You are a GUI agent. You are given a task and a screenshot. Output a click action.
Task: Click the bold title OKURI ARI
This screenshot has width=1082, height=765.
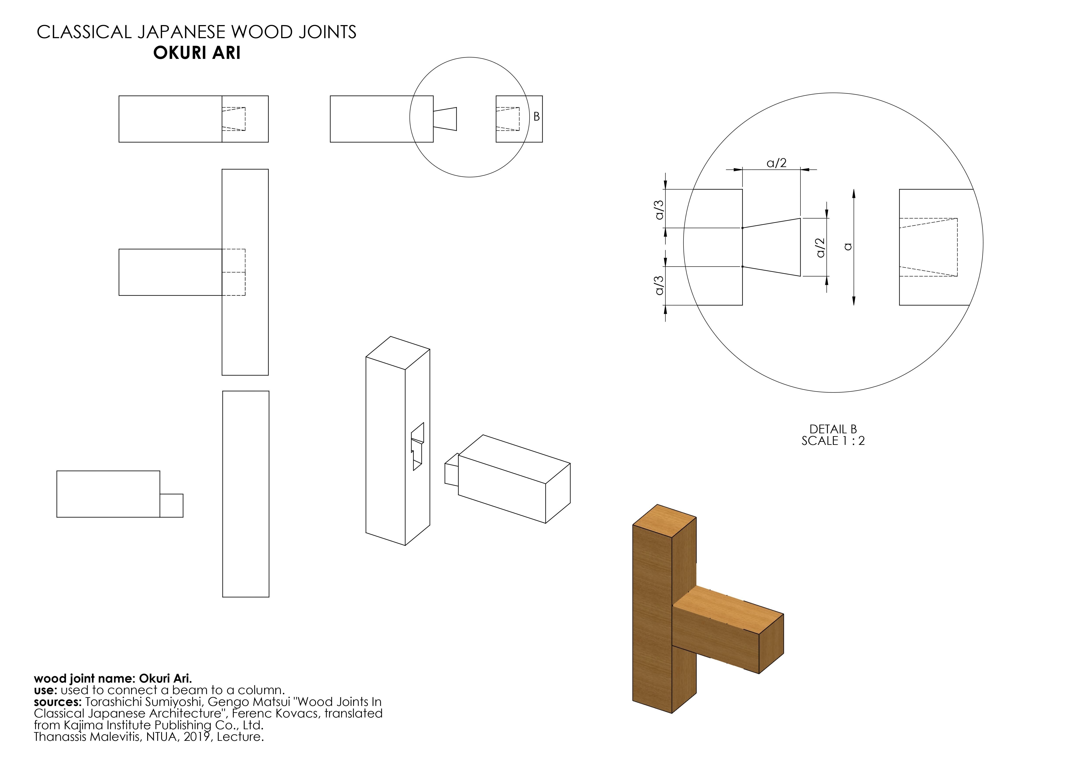[x=197, y=53]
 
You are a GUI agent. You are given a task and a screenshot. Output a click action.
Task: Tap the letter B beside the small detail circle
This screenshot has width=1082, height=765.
[x=536, y=117]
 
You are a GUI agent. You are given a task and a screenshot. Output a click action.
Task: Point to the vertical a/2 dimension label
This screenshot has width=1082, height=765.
[x=820, y=247]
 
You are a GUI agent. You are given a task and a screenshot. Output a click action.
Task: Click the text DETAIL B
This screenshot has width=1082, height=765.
[x=833, y=429]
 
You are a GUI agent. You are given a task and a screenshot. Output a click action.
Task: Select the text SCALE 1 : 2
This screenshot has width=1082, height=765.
[x=833, y=441]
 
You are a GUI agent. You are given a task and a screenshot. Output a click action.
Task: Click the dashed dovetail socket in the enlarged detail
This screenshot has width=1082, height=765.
[x=928, y=247]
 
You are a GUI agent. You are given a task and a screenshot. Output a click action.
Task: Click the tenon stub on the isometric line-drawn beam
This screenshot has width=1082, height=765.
[x=451, y=469]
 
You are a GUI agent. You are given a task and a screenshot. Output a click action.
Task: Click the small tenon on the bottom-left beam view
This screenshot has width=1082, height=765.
[x=171, y=505]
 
